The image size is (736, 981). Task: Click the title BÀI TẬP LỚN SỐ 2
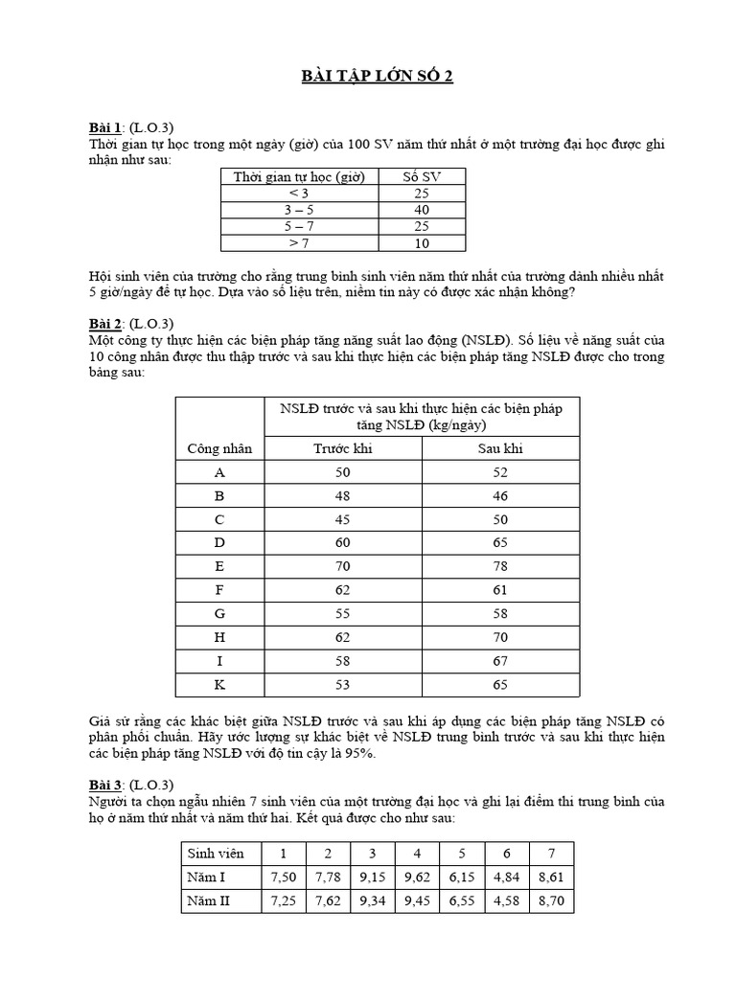[x=368, y=78]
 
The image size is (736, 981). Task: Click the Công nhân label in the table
[x=219, y=448]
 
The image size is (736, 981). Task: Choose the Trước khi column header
[x=342, y=448]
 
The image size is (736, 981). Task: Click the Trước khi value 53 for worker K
[x=342, y=686]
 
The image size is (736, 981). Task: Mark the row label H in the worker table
[x=219, y=638]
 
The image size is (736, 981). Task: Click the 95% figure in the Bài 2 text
[x=358, y=754]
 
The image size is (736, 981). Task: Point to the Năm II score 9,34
[x=371, y=901]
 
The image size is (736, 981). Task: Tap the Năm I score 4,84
[x=506, y=877]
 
